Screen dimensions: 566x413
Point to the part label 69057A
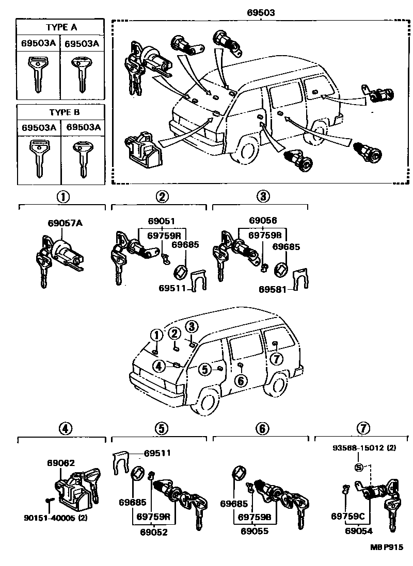(x=65, y=223)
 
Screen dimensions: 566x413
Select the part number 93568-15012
(x=363, y=448)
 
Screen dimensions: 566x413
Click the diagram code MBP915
(x=385, y=547)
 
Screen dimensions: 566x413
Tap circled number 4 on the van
(x=158, y=365)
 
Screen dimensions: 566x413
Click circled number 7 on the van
(x=277, y=358)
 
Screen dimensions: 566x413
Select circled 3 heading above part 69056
(x=262, y=196)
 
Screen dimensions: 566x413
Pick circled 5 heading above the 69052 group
(x=161, y=428)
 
